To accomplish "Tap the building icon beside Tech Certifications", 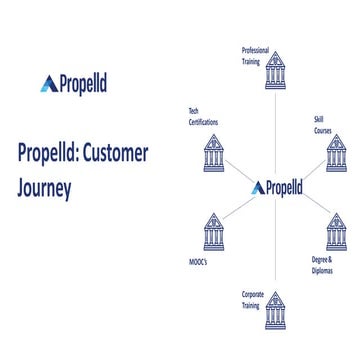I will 214,151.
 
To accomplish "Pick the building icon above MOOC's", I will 214,232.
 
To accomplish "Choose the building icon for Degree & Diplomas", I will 336,232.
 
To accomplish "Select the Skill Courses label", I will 321,125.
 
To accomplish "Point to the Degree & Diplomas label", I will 321,264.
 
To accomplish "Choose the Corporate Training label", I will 252,299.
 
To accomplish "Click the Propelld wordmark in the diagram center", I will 282,187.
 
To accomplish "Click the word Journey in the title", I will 44,187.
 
